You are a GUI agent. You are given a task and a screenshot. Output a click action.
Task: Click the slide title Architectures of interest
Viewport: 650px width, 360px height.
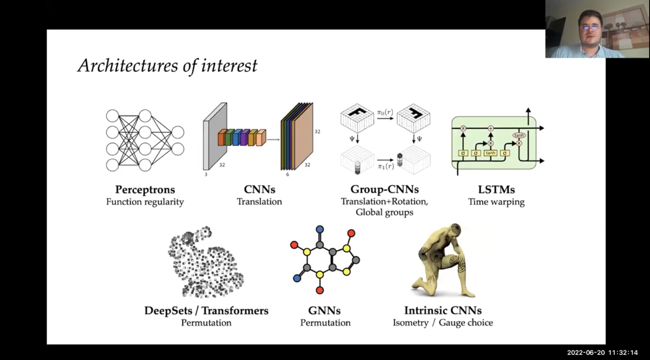click(x=167, y=66)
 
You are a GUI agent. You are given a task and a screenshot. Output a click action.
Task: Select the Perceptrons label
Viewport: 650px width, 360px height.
click(x=145, y=190)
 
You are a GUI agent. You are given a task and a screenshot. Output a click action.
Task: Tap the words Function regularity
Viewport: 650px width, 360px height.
click(x=145, y=202)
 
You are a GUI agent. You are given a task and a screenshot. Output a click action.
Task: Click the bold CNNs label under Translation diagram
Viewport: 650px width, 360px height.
click(x=259, y=190)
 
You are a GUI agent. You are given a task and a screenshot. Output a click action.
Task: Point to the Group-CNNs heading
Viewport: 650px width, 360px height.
click(x=384, y=190)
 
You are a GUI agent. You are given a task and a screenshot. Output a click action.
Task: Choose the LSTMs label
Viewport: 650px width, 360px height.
click(x=496, y=190)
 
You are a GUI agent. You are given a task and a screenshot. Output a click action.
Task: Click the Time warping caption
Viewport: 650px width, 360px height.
click(x=496, y=202)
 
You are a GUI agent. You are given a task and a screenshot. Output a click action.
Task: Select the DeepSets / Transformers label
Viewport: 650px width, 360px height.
click(x=206, y=311)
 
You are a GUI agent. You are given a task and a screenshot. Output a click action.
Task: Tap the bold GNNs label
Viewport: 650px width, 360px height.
click(x=324, y=311)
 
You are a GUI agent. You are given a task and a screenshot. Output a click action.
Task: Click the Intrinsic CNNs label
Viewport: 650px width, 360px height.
click(x=443, y=311)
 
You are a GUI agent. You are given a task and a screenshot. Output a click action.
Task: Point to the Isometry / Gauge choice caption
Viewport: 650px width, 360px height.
click(x=443, y=323)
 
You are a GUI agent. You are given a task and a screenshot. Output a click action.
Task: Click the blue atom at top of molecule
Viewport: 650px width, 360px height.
click(x=320, y=230)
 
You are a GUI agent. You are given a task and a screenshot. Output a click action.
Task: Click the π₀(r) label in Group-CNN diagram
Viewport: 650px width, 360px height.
click(x=385, y=112)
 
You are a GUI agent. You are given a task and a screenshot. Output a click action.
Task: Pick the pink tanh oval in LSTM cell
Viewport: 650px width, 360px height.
click(x=519, y=135)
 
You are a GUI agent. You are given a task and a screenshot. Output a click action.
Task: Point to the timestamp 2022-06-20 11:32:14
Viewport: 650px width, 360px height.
click(x=602, y=352)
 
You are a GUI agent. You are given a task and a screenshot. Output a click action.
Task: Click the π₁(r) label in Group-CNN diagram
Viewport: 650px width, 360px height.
click(x=386, y=167)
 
